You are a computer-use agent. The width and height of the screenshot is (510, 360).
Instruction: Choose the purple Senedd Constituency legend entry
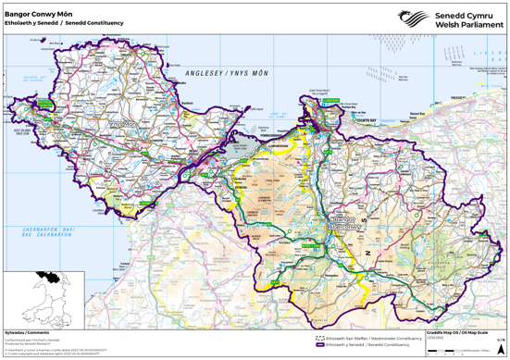[x=366, y=343]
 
